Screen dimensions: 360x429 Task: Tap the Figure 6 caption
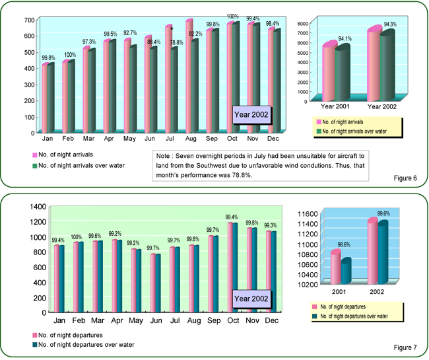click(x=401, y=177)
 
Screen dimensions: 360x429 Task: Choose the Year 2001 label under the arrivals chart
click(x=337, y=106)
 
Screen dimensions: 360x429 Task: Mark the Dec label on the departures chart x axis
click(x=271, y=319)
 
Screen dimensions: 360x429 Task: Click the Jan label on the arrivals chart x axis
click(x=48, y=139)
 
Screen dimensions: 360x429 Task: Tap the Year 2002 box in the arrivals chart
click(x=251, y=114)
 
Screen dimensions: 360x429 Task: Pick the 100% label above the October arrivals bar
click(x=233, y=17)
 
